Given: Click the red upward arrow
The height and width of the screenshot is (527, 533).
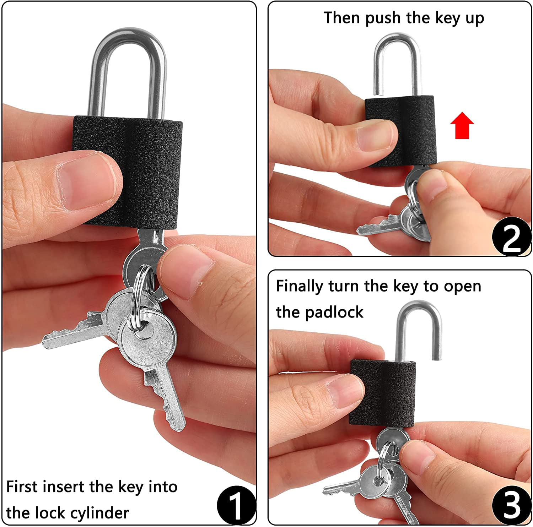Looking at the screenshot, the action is tap(462, 125).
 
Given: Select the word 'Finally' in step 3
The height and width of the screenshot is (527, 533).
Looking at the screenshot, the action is tap(300, 286).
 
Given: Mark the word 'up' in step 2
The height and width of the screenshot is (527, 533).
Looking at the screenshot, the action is tap(474, 19).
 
